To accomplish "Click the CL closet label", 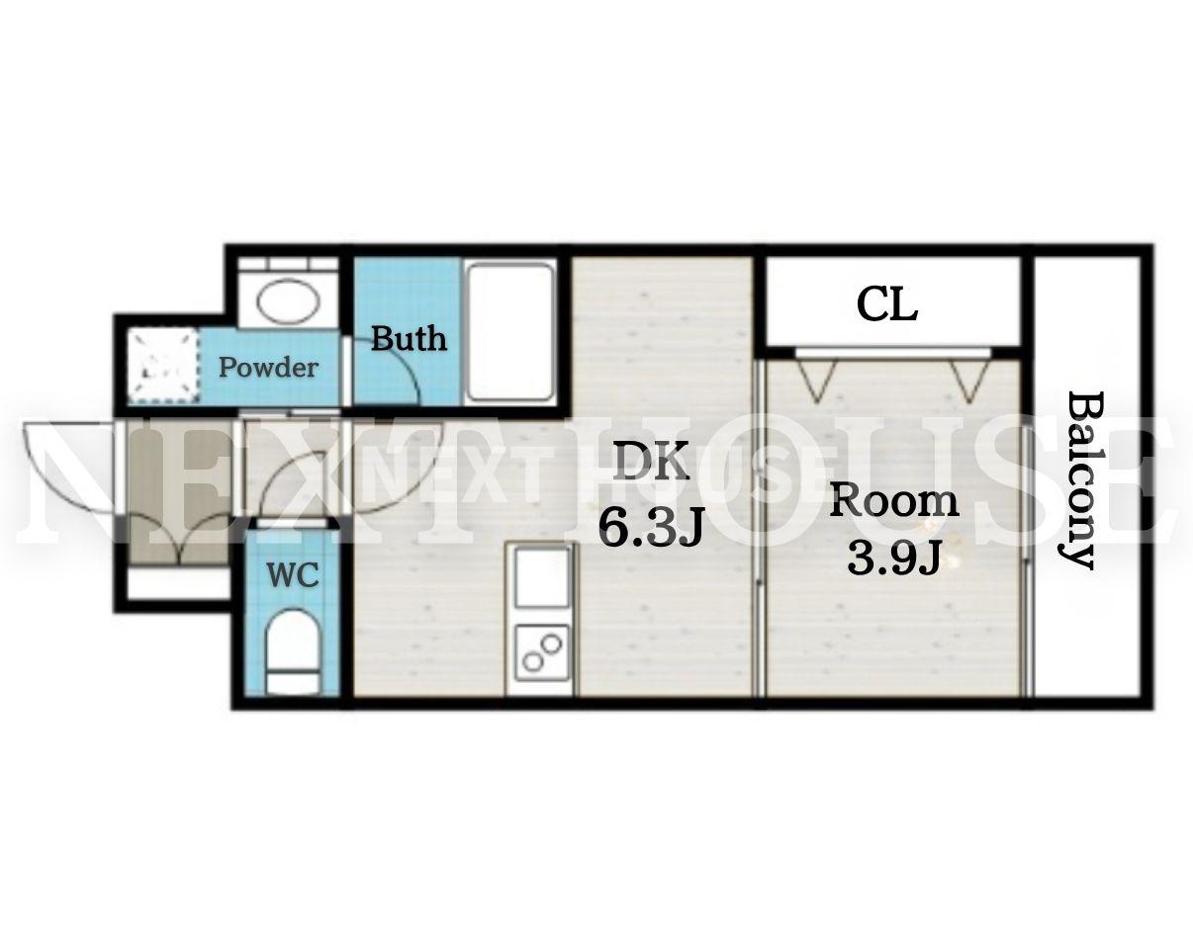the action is click(887, 305).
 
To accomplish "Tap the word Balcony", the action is click(1080, 479).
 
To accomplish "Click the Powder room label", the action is click(268, 368).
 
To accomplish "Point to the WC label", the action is click(293, 574).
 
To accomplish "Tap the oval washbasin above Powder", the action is click(288, 301).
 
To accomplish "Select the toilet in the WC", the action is click(293, 651).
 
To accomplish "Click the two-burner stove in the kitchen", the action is click(542, 652).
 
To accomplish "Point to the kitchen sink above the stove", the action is click(542, 576).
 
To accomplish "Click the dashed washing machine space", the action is click(163, 366).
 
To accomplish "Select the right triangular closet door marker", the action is click(970, 382).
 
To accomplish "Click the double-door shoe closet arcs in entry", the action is click(178, 538).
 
